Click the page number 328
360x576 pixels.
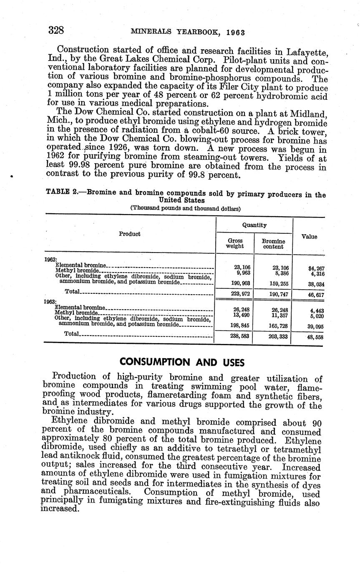point(56,30)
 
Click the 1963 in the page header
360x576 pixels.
point(236,32)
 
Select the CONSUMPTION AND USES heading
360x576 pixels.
point(181,361)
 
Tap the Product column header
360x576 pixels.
point(129,234)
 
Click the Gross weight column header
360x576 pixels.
point(234,243)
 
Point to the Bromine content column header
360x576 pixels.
point(273,244)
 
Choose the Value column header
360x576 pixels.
point(309,237)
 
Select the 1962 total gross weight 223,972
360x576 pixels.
point(234,294)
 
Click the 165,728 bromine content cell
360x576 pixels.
point(274,325)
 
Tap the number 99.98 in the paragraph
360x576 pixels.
point(73,166)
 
